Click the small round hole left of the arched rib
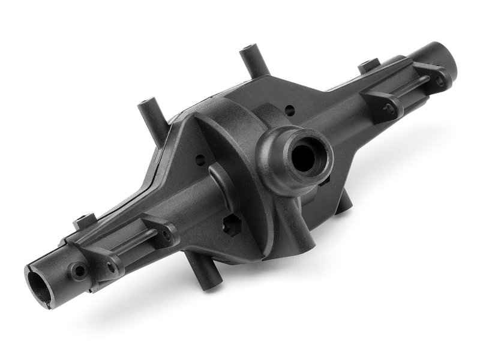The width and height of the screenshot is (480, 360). coord(198,161)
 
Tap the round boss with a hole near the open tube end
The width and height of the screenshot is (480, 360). coord(78,271)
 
